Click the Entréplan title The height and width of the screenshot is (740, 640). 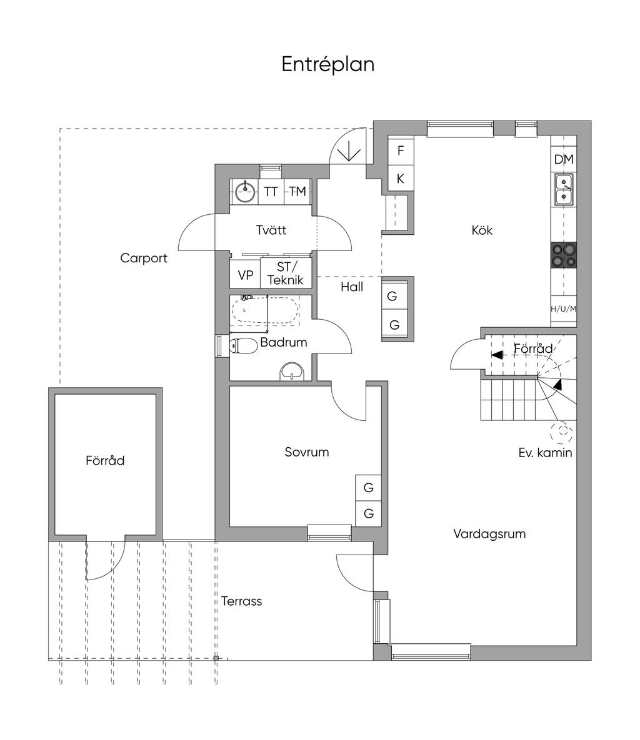click(x=327, y=64)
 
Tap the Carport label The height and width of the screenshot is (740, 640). click(x=144, y=258)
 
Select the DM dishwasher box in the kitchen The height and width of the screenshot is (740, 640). click(x=563, y=160)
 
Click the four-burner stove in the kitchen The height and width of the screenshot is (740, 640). click(x=563, y=255)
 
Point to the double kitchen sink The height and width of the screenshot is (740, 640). click(x=563, y=190)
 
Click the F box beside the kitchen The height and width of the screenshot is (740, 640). click(x=401, y=150)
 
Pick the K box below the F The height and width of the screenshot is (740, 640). click(x=401, y=179)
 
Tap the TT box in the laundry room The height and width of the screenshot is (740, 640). click(x=271, y=192)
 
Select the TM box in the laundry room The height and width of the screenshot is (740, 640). click(x=297, y=192)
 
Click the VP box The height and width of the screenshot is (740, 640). click(x=245, y=275)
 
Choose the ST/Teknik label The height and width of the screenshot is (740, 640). click(x=285, y=274)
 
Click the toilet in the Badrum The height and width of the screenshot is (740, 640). click(x=243, y=345)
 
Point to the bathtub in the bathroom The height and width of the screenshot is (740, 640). click(x=264, y=310)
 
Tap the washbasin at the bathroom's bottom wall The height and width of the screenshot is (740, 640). click(x=292, y=372)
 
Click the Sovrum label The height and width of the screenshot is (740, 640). click(x=306, y=452)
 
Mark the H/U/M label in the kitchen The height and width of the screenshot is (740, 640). click(x=563, y=309)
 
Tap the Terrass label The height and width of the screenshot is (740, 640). click(x=241, y=601)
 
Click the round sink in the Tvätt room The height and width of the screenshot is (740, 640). click(x=245, y=191)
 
